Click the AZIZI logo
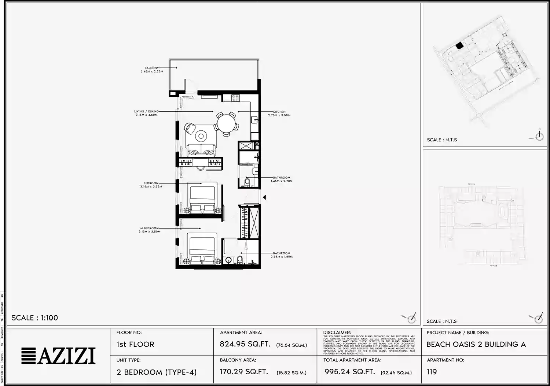click(58, 356)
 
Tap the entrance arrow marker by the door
click(264, 197)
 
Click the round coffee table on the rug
click(201, 136)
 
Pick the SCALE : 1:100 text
click(34, 318)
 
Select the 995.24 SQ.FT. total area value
click(349, 372)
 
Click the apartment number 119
click(432, 372)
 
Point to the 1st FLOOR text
click(135, 344)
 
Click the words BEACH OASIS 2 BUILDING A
click(476, 344)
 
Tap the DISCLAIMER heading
click(337, 333)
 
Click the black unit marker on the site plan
click(459, 46)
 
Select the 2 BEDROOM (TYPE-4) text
click(157, 372)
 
